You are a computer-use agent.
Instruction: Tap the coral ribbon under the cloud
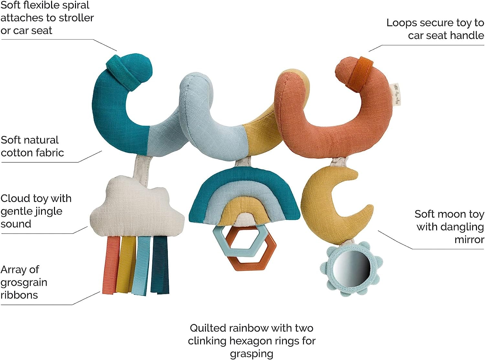pyautogui.click(x=111, y=265)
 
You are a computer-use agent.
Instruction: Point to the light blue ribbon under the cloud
pyautogui.click(x=141, y=265)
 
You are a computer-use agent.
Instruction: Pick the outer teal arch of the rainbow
pyautogui.click(x=246, y=178)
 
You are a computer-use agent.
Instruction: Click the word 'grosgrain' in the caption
pyautogui.click(x=24, y=282)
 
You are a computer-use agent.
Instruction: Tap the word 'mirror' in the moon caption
pyautogui.click(x=469, y=240)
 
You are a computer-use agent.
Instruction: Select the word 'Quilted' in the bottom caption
pyautogui.click(x=208, y=328)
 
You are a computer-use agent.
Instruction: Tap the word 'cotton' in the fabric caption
pyautogui.click(x=15, y=153)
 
